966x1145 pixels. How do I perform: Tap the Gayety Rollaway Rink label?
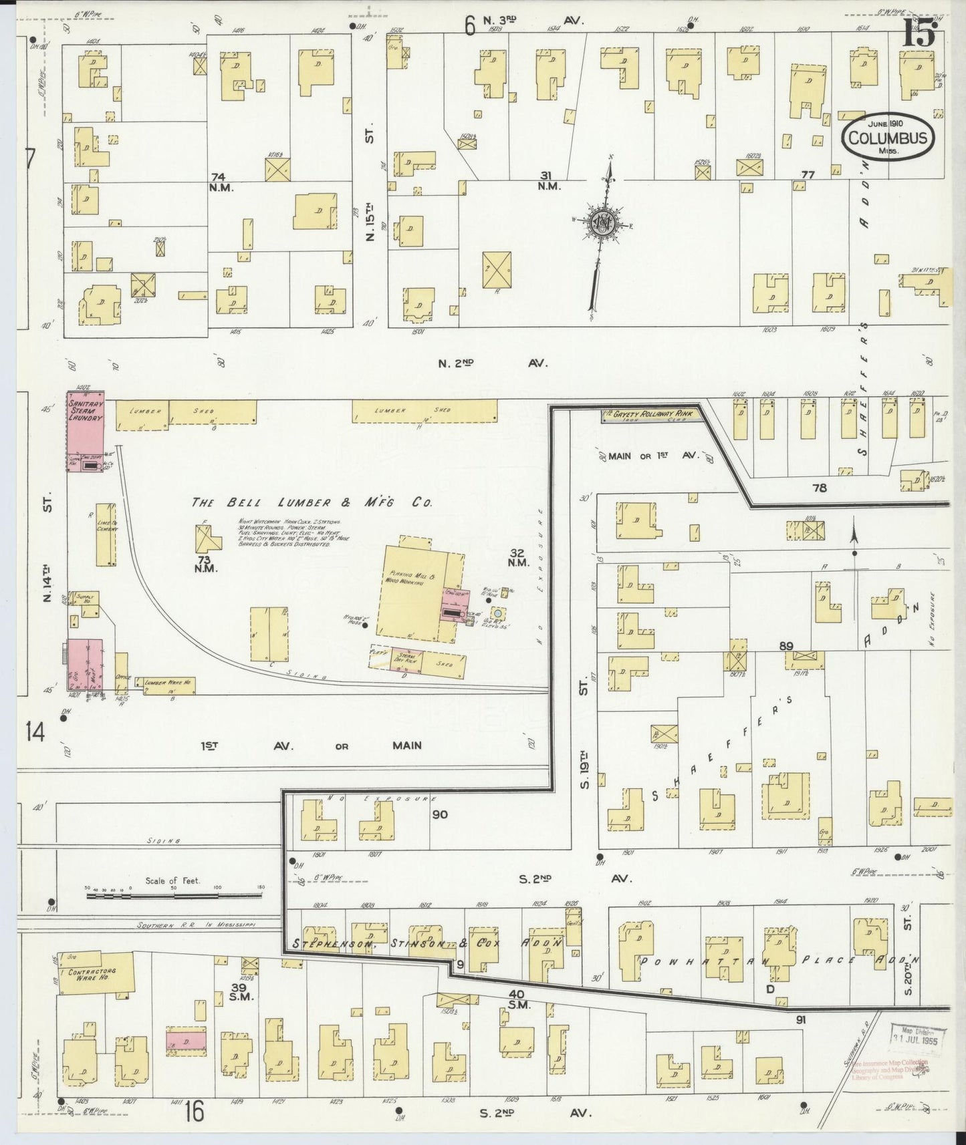point(648,415)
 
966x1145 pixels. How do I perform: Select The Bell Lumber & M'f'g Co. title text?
point(312,502)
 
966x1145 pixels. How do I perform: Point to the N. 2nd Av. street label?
point(493,363)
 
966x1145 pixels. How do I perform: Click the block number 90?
point(440,814)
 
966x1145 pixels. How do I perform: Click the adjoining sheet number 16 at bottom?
point(195,1113)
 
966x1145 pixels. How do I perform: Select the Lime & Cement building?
point(106,535)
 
